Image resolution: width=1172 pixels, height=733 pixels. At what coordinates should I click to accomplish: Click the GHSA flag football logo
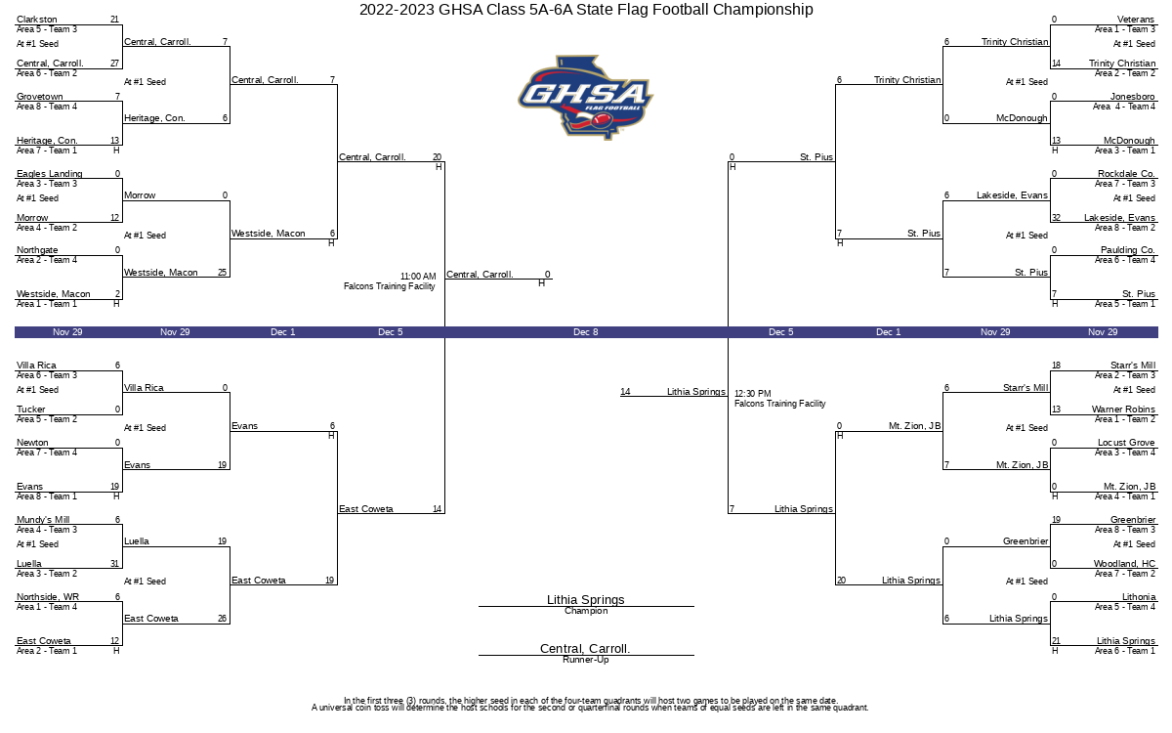[585, 98]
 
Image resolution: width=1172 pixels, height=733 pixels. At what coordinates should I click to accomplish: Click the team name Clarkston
[37, 20]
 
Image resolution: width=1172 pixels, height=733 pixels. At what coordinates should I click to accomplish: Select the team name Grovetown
[40, 97]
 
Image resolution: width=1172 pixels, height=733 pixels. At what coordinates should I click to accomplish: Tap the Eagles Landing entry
[50, 173]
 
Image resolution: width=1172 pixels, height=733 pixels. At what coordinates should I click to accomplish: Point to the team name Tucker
[31, 409]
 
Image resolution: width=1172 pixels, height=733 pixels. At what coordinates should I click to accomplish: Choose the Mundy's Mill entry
[43, 519]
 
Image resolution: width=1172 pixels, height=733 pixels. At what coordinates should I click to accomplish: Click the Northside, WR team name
[48, 596]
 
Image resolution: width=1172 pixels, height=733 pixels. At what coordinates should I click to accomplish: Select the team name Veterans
[1135, 20]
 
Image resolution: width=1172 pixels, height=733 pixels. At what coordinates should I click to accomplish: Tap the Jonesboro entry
[1132, 97]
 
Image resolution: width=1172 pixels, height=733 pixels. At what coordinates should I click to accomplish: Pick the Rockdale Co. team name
[1126, 173]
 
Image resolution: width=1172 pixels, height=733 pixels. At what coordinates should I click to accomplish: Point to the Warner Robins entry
[1123, 409]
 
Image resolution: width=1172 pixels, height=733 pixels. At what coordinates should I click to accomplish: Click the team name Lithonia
[1139, 596]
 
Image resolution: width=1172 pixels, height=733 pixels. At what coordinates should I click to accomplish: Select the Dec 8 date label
[585, 332]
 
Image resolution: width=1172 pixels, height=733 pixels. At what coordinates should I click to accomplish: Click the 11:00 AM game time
[418, 276]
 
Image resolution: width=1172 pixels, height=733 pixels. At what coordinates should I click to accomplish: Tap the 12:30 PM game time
[752, 393]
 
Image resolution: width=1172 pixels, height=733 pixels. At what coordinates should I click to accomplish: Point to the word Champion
[586, 611]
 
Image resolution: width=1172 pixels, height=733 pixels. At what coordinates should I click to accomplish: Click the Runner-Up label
[585, 660]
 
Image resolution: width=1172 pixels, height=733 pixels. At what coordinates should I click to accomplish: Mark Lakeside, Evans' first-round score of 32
[1056, 217]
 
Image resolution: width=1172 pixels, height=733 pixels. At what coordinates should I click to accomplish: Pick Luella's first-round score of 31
[114, 563]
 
